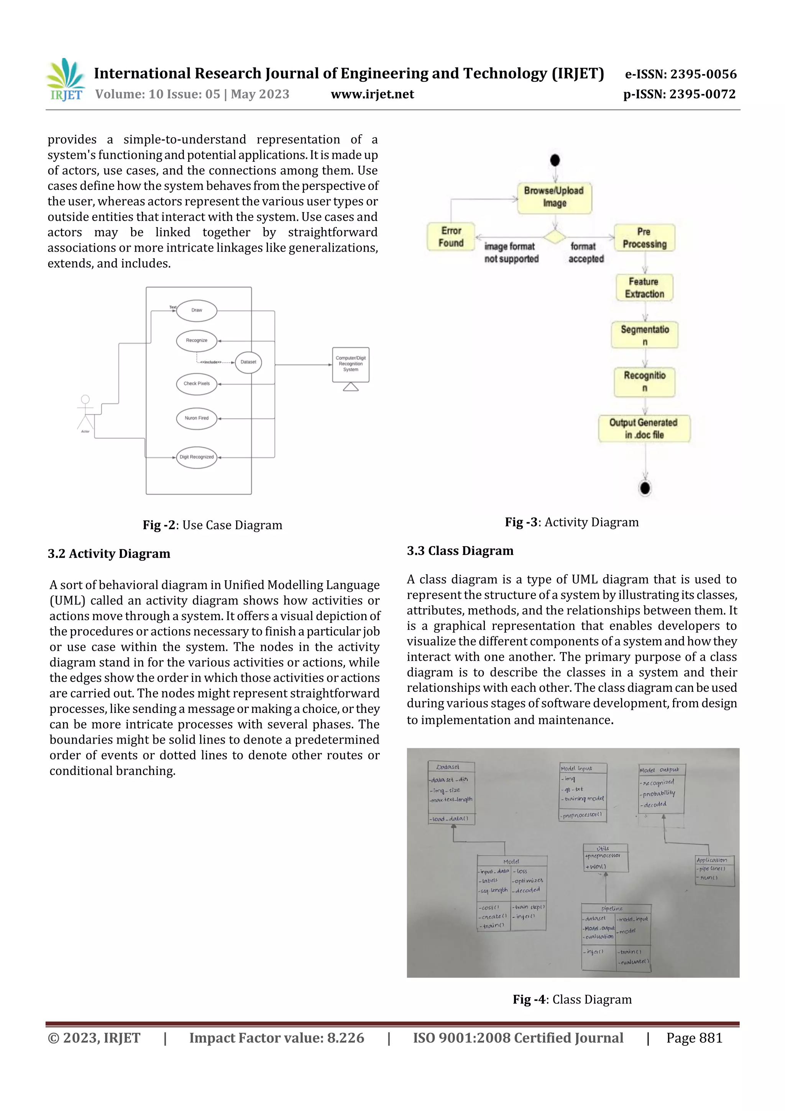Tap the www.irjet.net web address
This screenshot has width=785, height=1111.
tap(372, 94)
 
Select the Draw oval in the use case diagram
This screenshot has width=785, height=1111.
tap(196, 310)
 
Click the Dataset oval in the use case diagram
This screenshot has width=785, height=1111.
tap(248, 362)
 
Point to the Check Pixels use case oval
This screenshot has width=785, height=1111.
tap(196, 384)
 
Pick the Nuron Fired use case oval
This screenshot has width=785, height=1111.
tap(196, 418)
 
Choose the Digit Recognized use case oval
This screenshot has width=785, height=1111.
tap(196, 457)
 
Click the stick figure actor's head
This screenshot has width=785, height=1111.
tap(85, 399)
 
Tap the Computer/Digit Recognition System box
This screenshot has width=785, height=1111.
tap(351, 364)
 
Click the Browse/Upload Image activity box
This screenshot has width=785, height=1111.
tap(554, 198)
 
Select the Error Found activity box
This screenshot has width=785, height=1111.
tap(451, 237)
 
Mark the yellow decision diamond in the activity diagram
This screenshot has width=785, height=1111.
tap(554, 237)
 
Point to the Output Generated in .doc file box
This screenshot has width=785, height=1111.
tap(644, 429)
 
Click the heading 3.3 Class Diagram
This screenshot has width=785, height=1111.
tap(460, 551)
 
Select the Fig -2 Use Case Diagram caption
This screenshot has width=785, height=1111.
tap(212, 525)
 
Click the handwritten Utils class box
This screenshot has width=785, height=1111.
tap(605, 858)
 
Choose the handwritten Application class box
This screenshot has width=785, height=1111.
tap(714, 870)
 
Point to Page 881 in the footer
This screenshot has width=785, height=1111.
tap(694, 1038)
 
